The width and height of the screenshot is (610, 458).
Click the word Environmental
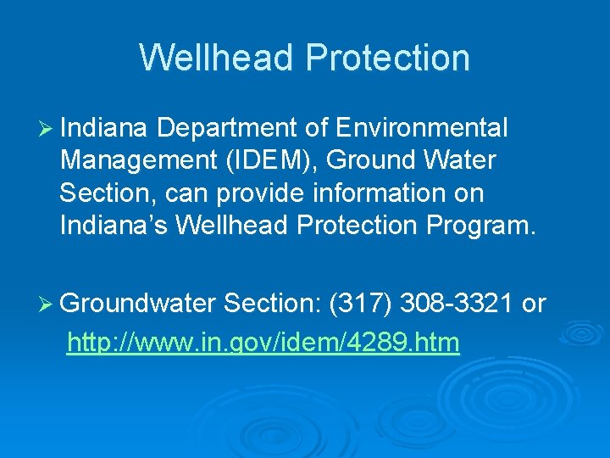coord(422,129)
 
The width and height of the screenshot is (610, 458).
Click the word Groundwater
coord(140,304)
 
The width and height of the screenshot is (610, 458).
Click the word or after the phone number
coord(534,304)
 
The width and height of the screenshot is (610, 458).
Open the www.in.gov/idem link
coord(263,343)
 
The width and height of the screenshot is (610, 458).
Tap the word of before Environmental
coord(316,129)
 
